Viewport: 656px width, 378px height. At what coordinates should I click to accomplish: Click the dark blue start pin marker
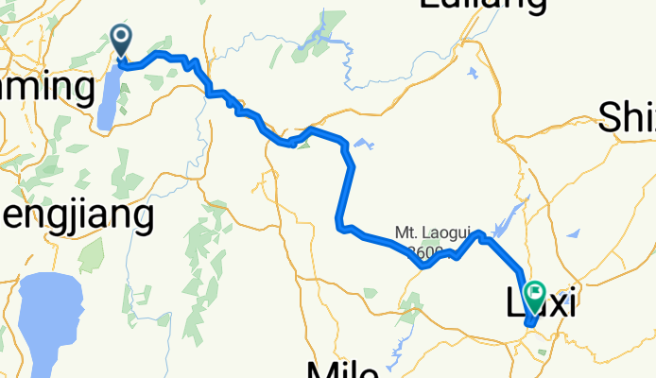(123, 39)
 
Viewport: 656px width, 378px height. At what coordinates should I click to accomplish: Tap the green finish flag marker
(535, 295)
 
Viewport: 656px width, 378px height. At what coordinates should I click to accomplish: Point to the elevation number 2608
(425, 251)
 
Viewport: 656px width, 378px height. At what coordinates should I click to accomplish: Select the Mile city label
(343, 369)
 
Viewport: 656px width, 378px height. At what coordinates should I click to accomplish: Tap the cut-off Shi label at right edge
(627, 119)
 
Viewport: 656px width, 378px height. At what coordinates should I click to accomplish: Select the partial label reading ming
(47, 89)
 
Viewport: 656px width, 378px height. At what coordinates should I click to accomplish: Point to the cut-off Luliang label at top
(482, 5)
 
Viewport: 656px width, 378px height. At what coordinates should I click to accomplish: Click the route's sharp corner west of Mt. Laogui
(338, 224)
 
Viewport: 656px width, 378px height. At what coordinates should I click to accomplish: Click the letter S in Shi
(611, 119)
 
